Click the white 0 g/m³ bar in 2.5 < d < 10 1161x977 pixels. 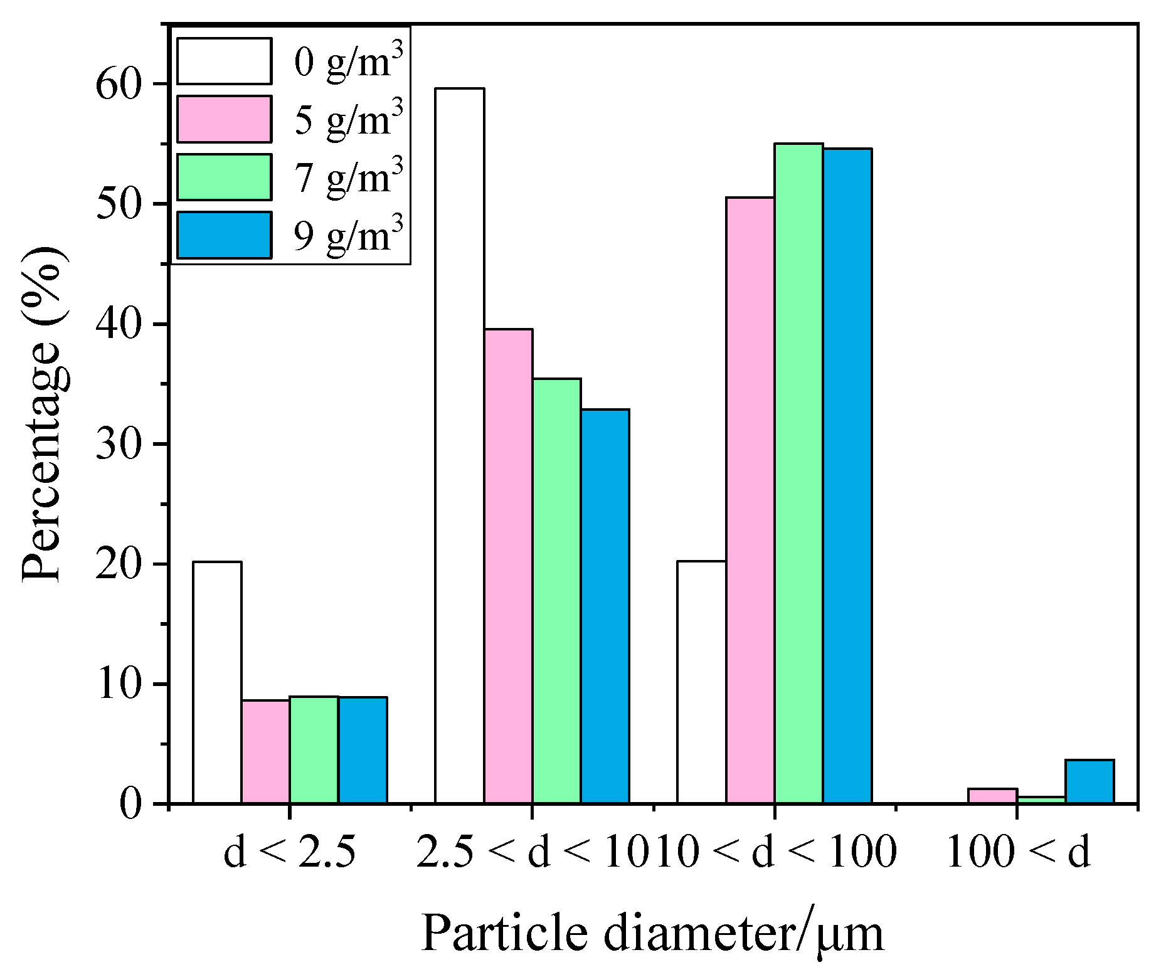[x=459, y=445]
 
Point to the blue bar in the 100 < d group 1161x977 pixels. [x=1089, y=781]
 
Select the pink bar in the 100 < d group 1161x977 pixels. [x=992, y=796]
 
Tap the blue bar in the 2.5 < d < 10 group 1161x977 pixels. [x=605, y=606]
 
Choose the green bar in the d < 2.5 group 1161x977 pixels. [x=314, y=749]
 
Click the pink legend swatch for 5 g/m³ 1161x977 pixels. [x=224, y=119]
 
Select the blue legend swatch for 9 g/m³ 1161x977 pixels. [x=224, y=235]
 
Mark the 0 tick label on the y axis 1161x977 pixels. [x=130, y=804]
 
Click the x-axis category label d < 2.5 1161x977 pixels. [x=289, y=853]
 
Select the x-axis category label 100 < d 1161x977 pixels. [x=1017, y=853]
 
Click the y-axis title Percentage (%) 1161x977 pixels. [x=43, y=414]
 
